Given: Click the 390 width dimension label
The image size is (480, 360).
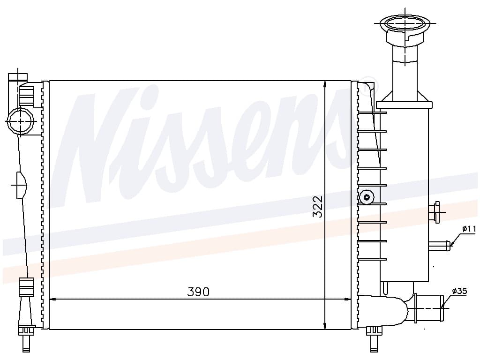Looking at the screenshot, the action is click(198, 292).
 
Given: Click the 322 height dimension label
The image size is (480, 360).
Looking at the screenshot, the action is click(318, 207).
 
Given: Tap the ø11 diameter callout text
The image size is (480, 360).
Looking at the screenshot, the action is click(469, 229).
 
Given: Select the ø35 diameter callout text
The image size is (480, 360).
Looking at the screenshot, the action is click(459, 291).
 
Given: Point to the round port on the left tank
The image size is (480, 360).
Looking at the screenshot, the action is click(21, 121).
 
